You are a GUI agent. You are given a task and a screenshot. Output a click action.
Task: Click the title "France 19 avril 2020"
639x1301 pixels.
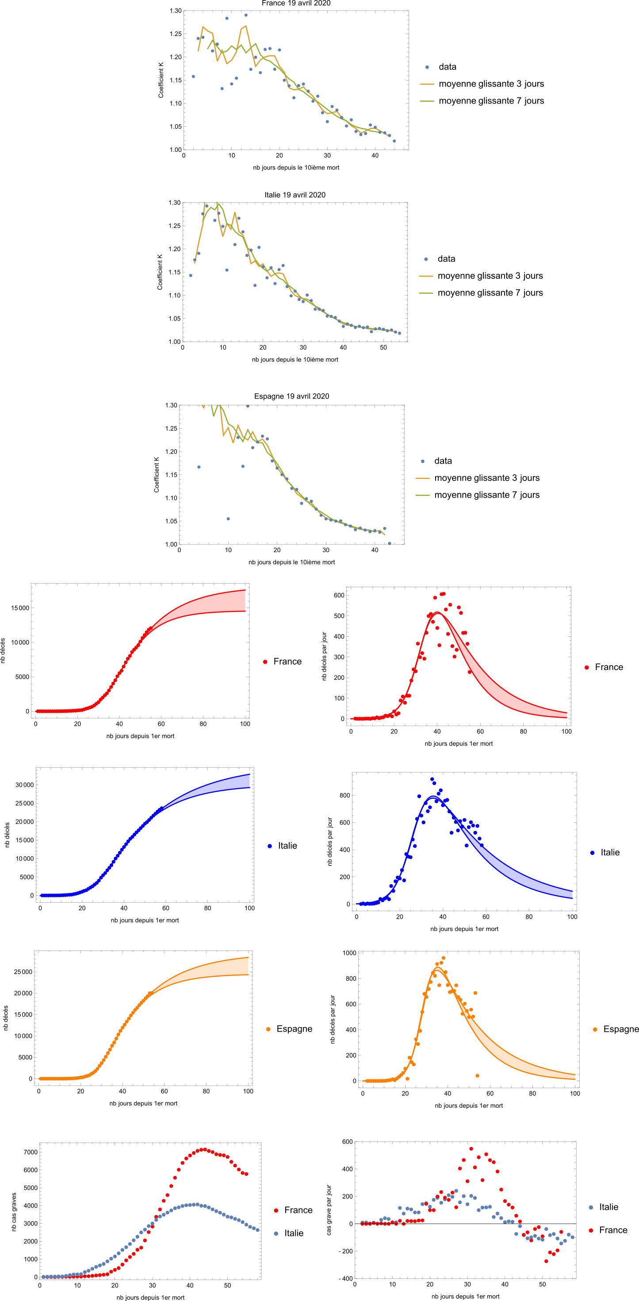[296, 4]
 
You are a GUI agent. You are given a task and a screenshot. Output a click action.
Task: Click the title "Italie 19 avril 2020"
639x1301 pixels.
[295, 195]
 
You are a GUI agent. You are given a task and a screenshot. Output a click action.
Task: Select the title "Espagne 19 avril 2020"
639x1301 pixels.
[291, 396]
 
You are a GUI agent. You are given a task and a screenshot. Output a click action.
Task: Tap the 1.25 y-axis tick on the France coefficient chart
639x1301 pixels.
[175, 34]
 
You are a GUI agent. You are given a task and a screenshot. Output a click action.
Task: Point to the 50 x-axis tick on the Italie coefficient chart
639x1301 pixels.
[383, 347]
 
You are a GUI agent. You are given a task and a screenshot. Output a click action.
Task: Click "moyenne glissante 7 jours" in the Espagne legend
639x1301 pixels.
[486, 495]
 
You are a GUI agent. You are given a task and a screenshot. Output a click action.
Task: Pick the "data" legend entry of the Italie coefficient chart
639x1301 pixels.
[446, 259]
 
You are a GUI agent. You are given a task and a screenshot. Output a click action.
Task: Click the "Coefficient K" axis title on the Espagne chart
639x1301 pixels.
[157, 475]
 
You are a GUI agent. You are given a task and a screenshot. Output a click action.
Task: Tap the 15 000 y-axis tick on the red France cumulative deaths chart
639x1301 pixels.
[20, 608]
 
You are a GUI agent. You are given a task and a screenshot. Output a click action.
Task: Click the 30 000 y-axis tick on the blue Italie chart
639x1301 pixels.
[24, 785]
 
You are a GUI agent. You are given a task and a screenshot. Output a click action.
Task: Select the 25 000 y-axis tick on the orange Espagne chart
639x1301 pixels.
[23, 972]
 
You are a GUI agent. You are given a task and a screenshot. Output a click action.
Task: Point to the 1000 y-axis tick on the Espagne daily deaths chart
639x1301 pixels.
[349, 953]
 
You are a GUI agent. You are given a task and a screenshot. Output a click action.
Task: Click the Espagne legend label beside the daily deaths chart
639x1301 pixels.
[621, 1029]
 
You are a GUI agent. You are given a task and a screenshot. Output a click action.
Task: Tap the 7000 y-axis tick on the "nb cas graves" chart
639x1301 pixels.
[31, 1152]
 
